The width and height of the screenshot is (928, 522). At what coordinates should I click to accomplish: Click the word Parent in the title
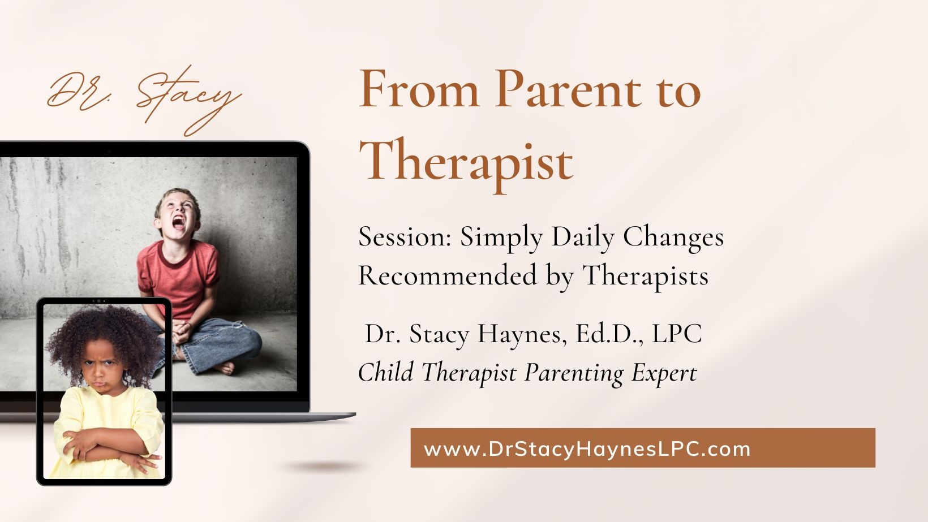click(x=568, y=89)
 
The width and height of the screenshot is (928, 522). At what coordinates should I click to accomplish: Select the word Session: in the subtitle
click(x=405, y=237)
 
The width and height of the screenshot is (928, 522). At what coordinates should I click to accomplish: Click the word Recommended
click(x=448, y=275)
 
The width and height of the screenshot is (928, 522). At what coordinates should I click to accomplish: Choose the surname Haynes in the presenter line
click(x=522, y=334)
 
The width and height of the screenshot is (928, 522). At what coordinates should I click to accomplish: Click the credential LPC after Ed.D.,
click(x=677, y=333)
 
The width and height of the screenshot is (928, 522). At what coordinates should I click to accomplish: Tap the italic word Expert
click(x=664, y=373)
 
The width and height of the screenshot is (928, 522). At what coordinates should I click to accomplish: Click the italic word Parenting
click(x=574, y=373)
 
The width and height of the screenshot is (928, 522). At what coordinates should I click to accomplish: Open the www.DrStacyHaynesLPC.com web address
click(x=587, y=449)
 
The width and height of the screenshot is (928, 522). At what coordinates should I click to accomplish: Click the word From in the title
click(x=419, y=89)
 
